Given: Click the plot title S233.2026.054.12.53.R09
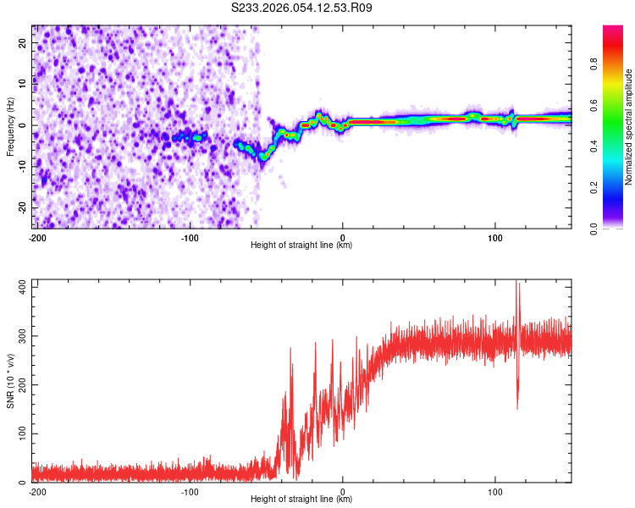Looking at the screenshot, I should click(x=301, y=8).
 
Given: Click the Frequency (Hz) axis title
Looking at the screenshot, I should click(x=10, y=127).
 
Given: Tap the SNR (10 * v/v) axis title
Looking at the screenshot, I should click(x=10, y=381).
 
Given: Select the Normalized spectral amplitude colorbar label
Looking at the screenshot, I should click(x=629, y=127).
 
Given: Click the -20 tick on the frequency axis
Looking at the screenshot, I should click(x=23, y=207).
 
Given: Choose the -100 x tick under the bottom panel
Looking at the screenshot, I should click(x=190, y=492).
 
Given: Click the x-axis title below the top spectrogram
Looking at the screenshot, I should click(x=301, y=246).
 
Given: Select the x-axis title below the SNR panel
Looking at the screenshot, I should click(x=301, y=500).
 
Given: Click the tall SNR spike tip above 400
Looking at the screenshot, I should click(x=517, y=283).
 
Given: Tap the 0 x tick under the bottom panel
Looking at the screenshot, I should click(x=343, y=492).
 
